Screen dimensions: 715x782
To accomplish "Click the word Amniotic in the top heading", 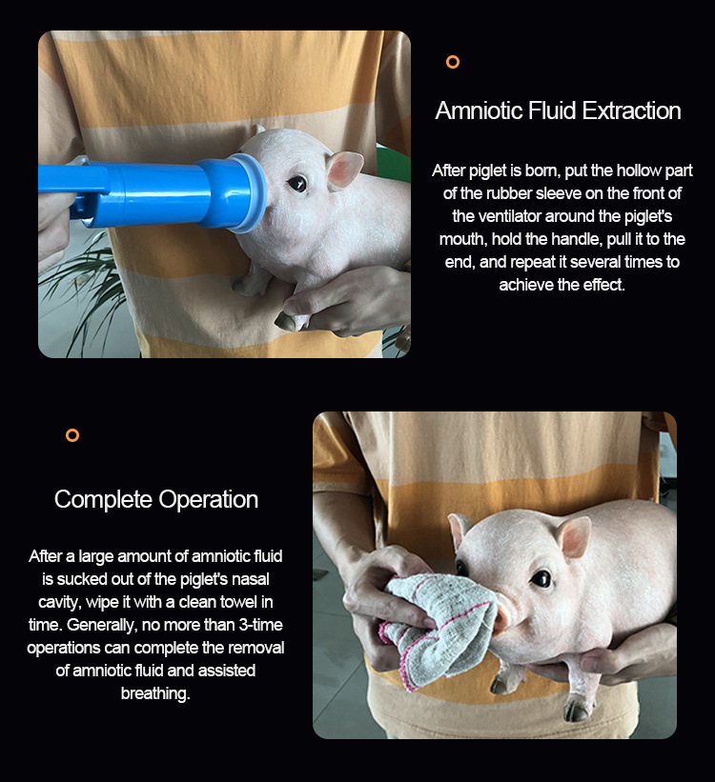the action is click(x=479, y=110).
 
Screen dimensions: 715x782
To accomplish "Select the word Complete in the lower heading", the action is click(x=103, y=500).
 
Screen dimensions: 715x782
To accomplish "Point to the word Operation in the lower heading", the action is click(x=208, y=500).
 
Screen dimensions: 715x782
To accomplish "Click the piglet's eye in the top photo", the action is click(x=297, y=184).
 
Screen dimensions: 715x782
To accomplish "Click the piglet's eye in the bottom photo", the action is click(x=541, y=578).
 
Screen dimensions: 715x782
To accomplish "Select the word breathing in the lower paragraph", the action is click(x=154, y=693).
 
